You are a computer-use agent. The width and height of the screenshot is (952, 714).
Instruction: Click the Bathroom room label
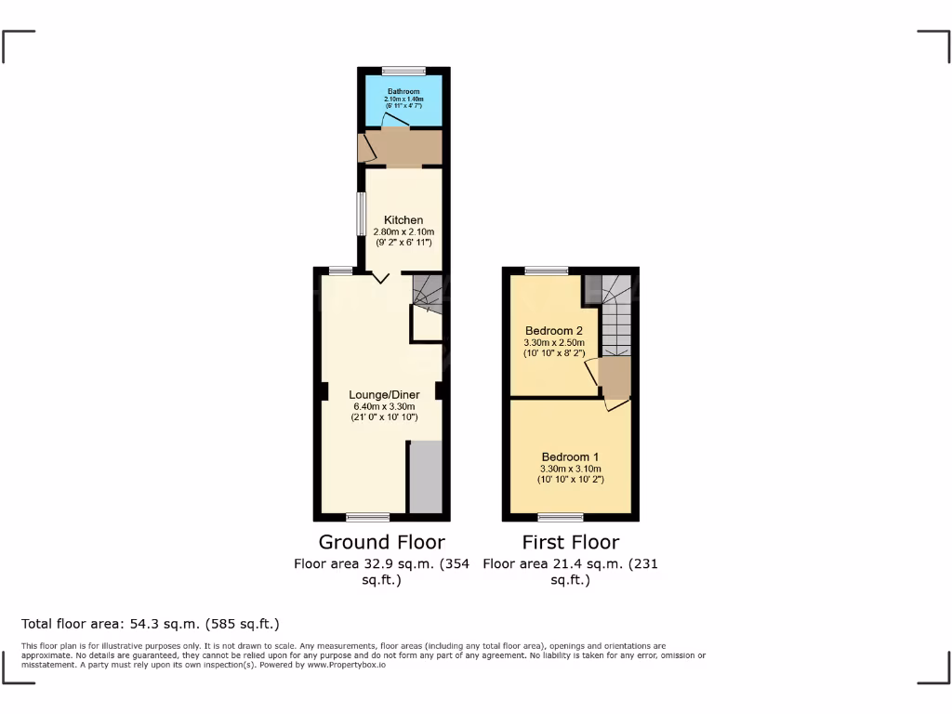pyautogui.click(x=404, y=91)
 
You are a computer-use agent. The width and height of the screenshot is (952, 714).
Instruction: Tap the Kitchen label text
pyautogui.click(x=403, y=220)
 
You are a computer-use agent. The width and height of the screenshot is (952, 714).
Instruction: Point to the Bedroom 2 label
pyautogui.click(x=554, y=331)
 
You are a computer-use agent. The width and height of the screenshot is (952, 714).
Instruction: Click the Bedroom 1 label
pyautogui.click(x=571, y=457)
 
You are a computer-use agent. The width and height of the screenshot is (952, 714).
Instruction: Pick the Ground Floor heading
pyautogui.click(x=381, y=542)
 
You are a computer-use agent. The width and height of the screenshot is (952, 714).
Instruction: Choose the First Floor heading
pyautogui.click(x=570, y=542)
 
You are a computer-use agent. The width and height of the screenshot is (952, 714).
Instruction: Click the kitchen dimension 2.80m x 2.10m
pyautogui.click(x=403, y=231)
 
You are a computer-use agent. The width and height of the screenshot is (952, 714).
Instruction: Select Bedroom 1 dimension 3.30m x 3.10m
pyautogui.click(x=571, y=469)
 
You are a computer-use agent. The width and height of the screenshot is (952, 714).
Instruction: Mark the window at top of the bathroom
pyautogui.click(x=403, y=71)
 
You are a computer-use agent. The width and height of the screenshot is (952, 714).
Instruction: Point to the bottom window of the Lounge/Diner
pyautogui.click(x=368, y=517)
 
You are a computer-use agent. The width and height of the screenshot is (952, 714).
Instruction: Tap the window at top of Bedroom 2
pyautogui.click(x=546, y=271)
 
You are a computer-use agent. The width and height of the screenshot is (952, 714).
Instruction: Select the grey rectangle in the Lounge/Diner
pyautogui.click(x=426, y=477)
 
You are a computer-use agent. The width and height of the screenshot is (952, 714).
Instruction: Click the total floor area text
pyautogui.click(x=151, y=624)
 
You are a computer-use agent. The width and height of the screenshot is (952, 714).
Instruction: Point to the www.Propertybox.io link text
pyautogui.click(x=345, y=665)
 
